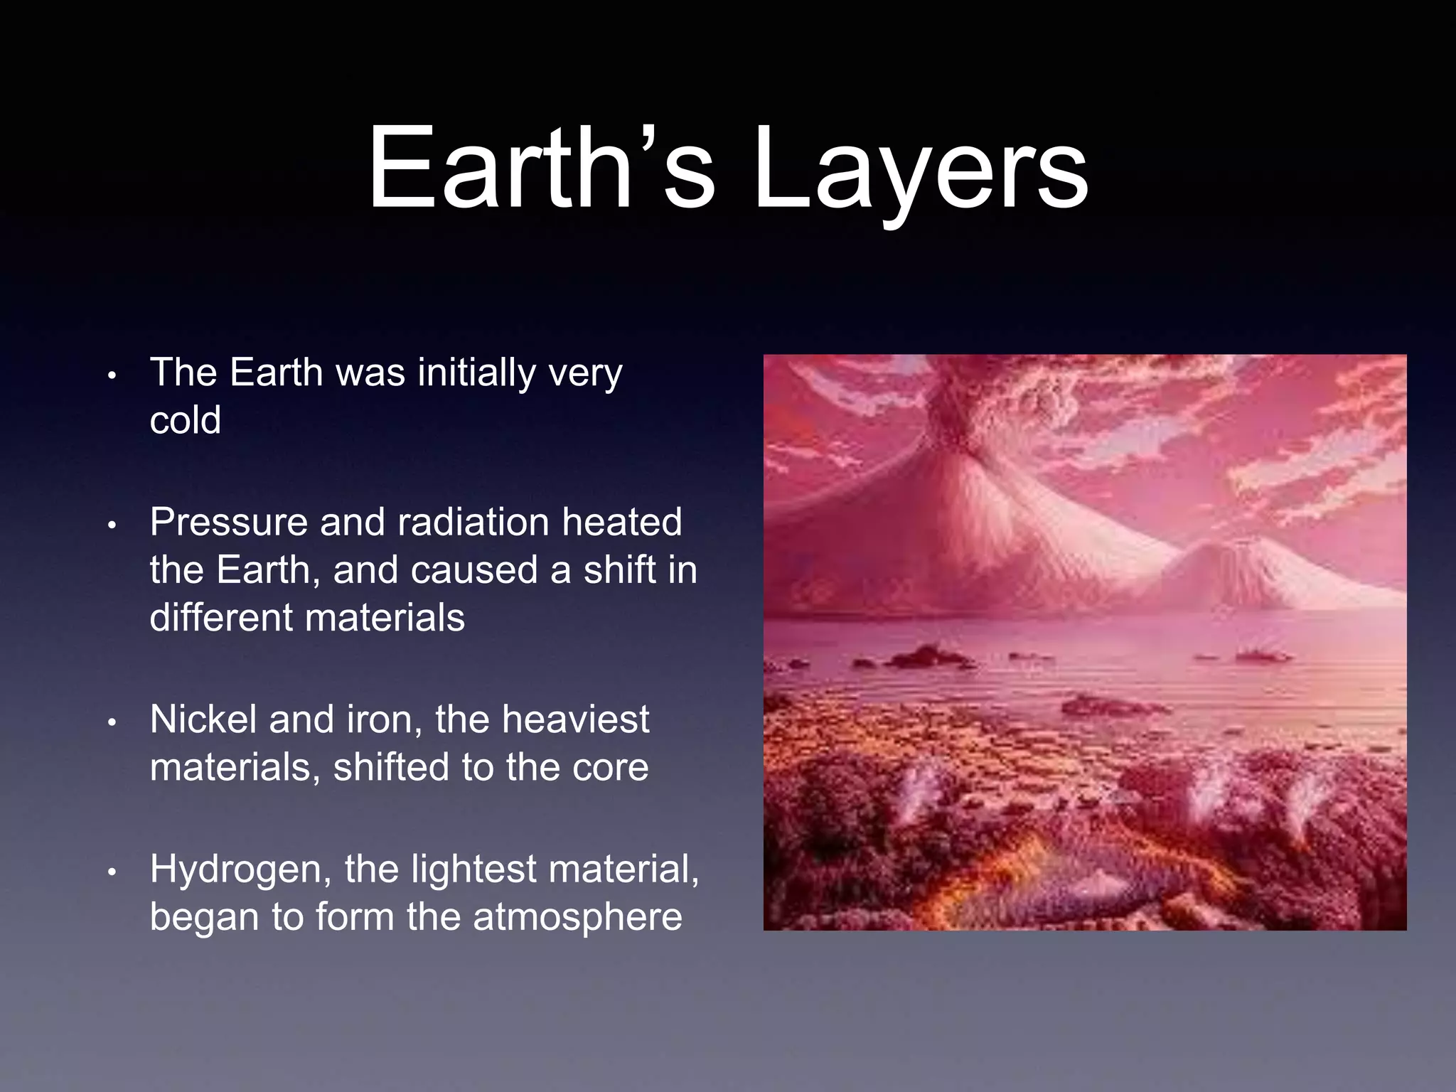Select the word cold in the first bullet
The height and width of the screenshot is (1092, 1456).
tap(186, 420)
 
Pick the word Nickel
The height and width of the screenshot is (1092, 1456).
tap(203, 719)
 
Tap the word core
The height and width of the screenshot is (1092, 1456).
tap(610, 768)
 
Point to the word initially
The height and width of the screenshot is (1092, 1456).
tap(476, 373)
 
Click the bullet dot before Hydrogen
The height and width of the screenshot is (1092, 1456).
tap(112, 872)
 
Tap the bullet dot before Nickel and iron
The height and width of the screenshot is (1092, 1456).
tap(112, 722)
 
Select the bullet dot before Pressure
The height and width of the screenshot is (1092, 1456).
tap(112, 525)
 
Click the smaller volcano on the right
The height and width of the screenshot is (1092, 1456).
tap(1237, 569)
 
